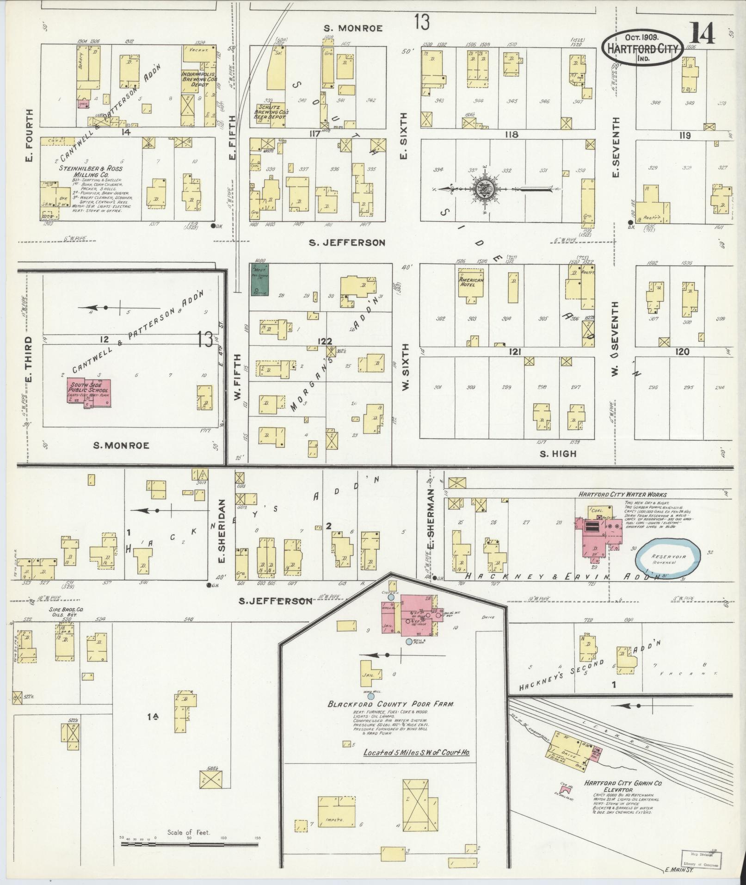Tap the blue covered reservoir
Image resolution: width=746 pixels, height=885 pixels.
point(669,558)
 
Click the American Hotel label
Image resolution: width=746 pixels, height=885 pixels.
point(471,283)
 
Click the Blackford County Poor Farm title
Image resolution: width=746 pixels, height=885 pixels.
point(391,705)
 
